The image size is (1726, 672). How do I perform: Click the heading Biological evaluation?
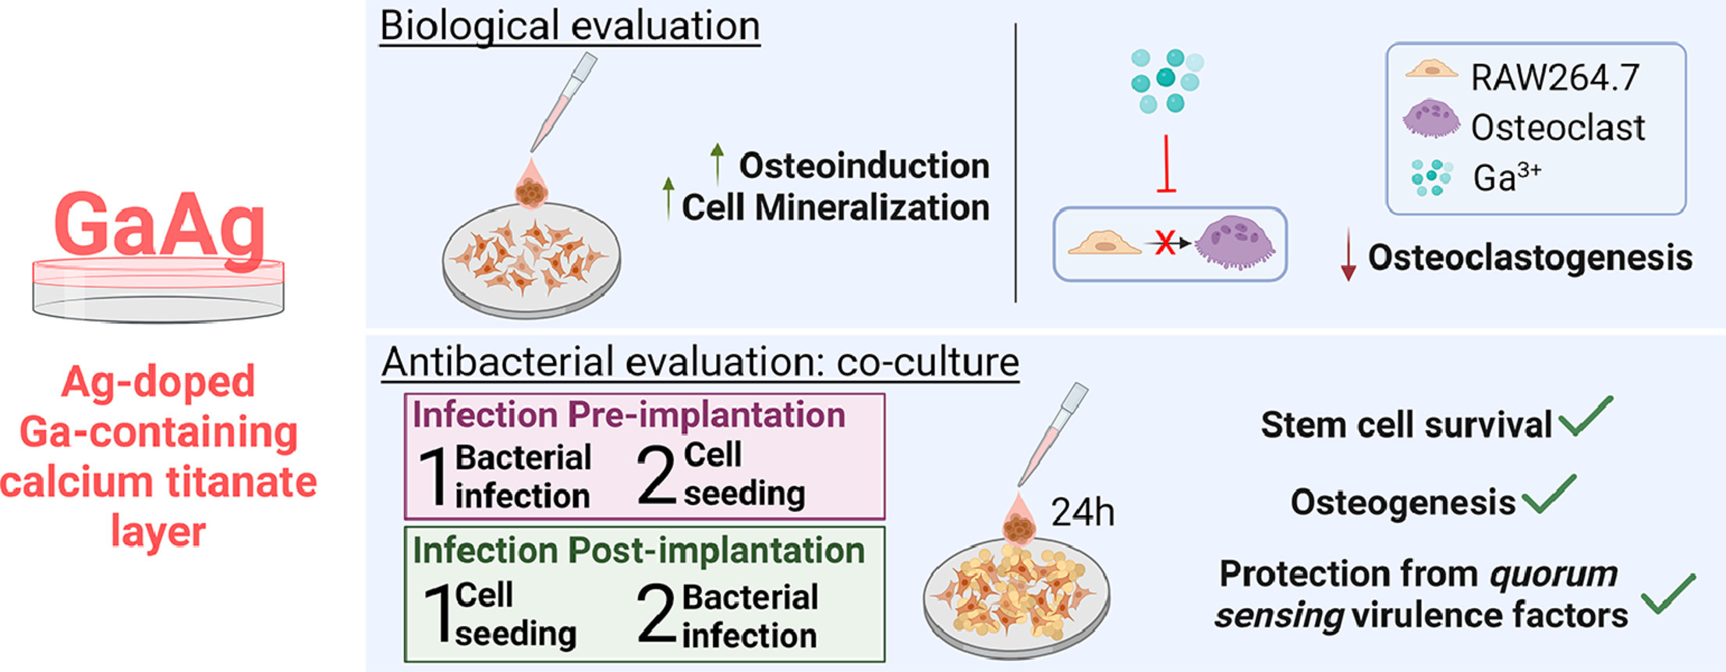coord(569,26)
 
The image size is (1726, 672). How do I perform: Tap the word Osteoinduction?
coord(864,165)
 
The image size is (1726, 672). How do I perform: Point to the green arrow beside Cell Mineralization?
coord(668,198)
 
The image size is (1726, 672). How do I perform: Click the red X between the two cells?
coord(1164,244)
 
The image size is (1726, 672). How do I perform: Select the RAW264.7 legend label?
coord(1554,77)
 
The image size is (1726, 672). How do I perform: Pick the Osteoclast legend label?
coord(1558,127)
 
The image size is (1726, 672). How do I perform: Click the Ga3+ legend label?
coord(1506,177)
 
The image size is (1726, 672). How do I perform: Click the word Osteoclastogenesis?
coord(1530,258)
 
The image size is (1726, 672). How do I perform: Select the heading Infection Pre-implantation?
coord(629,414)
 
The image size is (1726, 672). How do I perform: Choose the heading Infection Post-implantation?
coord(639,550)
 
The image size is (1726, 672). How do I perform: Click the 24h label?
coord(1083,513)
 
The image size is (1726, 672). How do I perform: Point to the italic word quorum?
coord(1553,574)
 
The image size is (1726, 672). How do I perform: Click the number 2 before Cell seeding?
coord(656,475)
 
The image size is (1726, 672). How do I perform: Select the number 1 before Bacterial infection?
coord(433,477)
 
